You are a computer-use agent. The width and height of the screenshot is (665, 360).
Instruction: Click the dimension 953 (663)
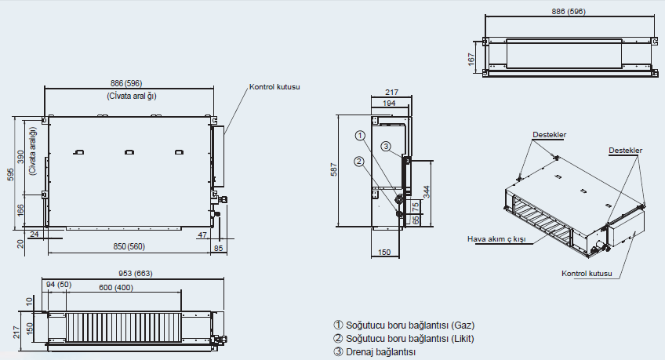pos(126,274)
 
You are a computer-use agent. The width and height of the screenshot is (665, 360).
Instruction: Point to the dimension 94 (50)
pos(59,284)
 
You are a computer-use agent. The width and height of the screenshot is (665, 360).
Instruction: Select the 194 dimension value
pos(388,103)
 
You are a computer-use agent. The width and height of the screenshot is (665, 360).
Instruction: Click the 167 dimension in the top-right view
pos(472,59)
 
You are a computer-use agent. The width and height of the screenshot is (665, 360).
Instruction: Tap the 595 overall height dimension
pos(10,174)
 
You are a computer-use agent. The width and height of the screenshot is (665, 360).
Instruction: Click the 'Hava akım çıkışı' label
pos(496,238)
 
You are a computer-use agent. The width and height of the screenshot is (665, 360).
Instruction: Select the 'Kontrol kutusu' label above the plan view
pos(275,87)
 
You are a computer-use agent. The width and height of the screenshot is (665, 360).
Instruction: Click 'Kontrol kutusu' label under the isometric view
pos(587,274)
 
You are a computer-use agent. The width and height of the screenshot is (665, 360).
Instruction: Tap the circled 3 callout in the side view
pos(386,146)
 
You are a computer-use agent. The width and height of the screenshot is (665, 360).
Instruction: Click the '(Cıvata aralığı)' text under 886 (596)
pos(131,96)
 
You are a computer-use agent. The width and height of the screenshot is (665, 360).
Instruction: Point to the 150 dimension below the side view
pos(385,253)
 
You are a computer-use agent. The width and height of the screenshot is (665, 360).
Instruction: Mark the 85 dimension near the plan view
pos(218,249)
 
